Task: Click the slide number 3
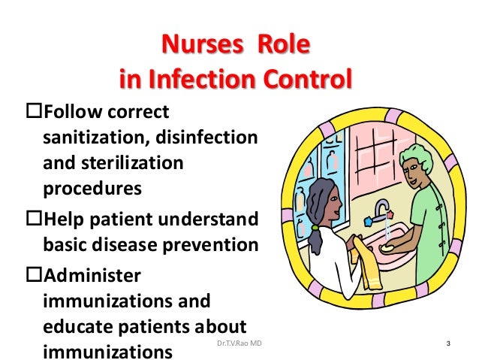click(448, 345)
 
